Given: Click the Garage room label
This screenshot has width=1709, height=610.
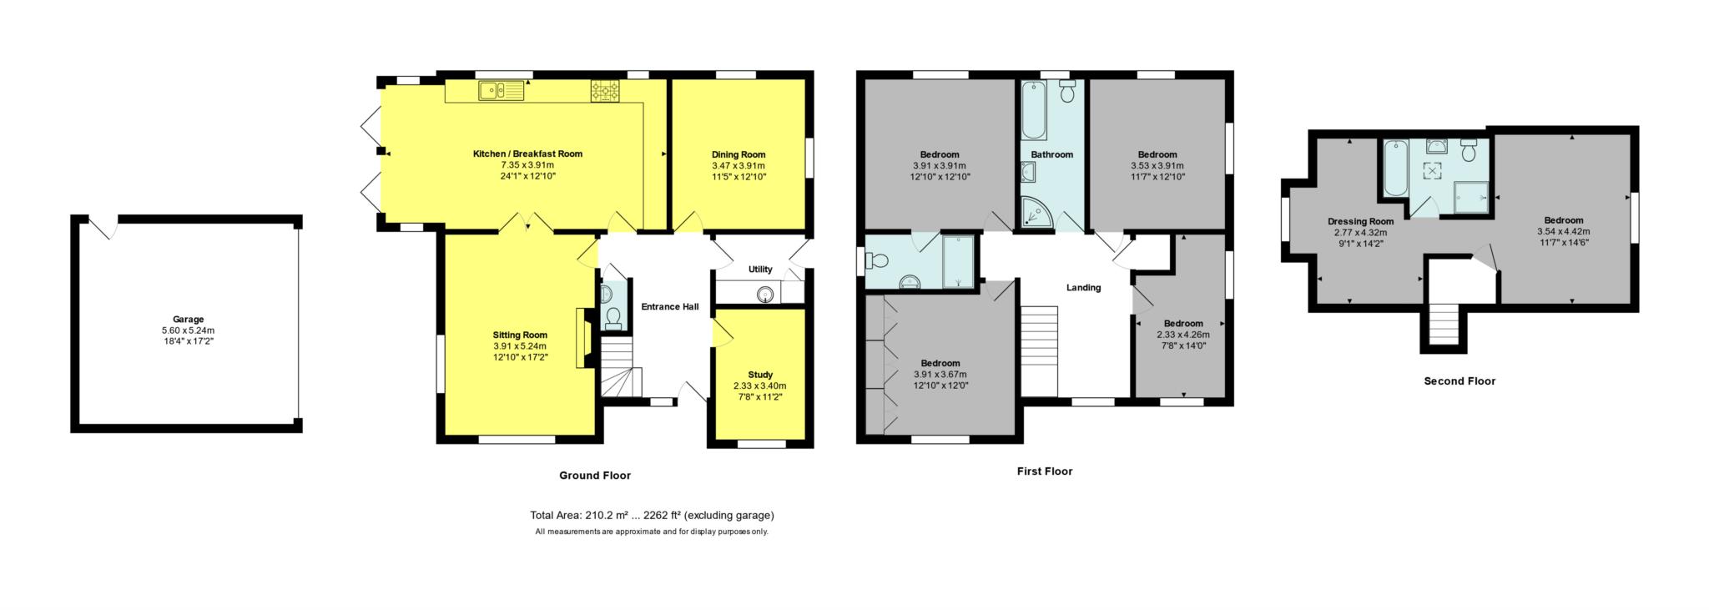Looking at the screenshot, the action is pos(189,320).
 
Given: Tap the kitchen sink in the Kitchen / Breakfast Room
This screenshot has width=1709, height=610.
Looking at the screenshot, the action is pos(501,90).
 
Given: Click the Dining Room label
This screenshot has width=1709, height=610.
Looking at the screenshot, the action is pos(739,154).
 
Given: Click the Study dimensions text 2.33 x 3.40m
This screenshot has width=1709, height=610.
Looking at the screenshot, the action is pos(759,386).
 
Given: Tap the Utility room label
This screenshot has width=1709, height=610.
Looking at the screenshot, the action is pos(760,270).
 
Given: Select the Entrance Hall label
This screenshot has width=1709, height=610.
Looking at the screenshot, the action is pos(670,307).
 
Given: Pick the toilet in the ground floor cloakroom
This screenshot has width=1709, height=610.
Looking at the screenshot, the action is pos(613,316).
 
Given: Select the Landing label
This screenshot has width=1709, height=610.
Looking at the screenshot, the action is pos(1084,288).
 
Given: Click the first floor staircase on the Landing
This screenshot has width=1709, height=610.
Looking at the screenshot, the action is pos(1039,351).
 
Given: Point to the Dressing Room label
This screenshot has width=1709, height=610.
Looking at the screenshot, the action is pos(1360,222).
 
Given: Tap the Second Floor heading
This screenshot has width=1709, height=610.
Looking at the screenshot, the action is pos(1459,381).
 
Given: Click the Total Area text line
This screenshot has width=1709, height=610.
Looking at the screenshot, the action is pos(652,516).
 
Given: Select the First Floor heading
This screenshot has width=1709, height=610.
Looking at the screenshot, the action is pos(1045,471).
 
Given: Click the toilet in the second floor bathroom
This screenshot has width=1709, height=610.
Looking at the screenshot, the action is pos(1470,150).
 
